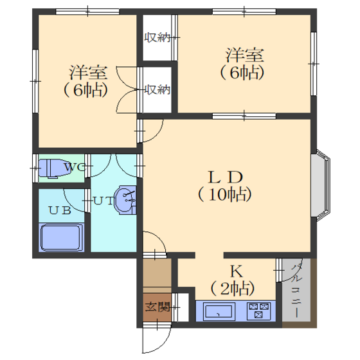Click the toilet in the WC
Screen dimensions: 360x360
(54, 168)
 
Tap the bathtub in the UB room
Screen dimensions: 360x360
(61, 238)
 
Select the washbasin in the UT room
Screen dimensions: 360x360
(125, 200)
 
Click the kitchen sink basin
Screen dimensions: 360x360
(219, 312)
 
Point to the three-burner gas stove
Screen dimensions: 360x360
(258, 311)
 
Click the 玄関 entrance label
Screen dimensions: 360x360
(157, 307)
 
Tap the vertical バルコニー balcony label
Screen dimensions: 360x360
(296, 291)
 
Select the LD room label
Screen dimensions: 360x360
(225, 177)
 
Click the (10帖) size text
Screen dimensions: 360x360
(225, 195)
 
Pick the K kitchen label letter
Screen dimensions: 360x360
(236, 271)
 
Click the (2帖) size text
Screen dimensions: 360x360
(232, 289)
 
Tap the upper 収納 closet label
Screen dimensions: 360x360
(157, 37)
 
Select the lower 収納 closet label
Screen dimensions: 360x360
(157, 89)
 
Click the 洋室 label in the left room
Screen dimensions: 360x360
(88, 73)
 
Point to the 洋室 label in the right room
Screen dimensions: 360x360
(244, 55)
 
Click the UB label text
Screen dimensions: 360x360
(59, 210)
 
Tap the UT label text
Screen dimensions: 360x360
(103, 201)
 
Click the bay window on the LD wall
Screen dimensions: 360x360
(321, 186)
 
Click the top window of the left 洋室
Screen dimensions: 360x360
(87, 12)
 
